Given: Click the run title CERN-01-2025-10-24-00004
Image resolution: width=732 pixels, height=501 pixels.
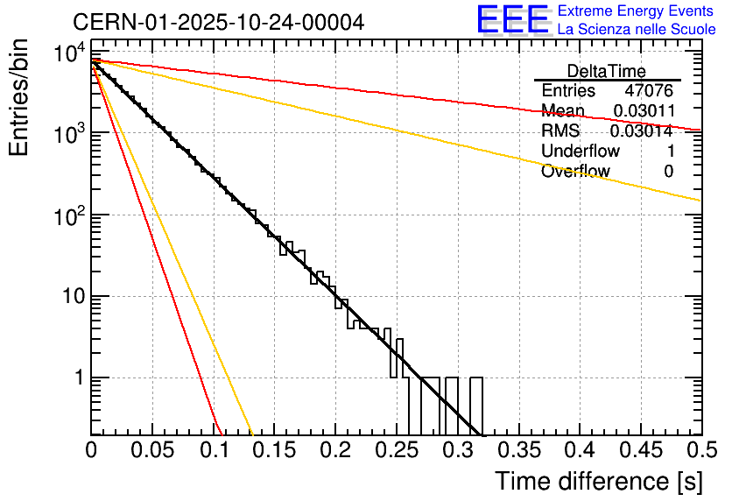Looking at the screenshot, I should point(219,22).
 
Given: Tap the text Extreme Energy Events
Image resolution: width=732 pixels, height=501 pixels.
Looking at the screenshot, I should point(636,11).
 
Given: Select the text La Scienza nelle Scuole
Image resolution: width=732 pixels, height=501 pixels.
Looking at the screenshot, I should point(636,30).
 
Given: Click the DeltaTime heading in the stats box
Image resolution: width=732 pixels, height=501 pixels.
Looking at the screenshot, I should point(606,71).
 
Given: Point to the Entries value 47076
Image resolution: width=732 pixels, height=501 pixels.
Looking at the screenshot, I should point(649,91).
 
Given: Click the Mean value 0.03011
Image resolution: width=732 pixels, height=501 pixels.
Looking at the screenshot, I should point(643,111).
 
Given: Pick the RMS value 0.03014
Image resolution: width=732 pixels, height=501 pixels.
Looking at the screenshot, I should point(641,131).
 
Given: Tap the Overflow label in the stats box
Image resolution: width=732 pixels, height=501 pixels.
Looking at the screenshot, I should point(574,172).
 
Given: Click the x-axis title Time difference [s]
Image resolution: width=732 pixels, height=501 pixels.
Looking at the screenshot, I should point(598,481).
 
